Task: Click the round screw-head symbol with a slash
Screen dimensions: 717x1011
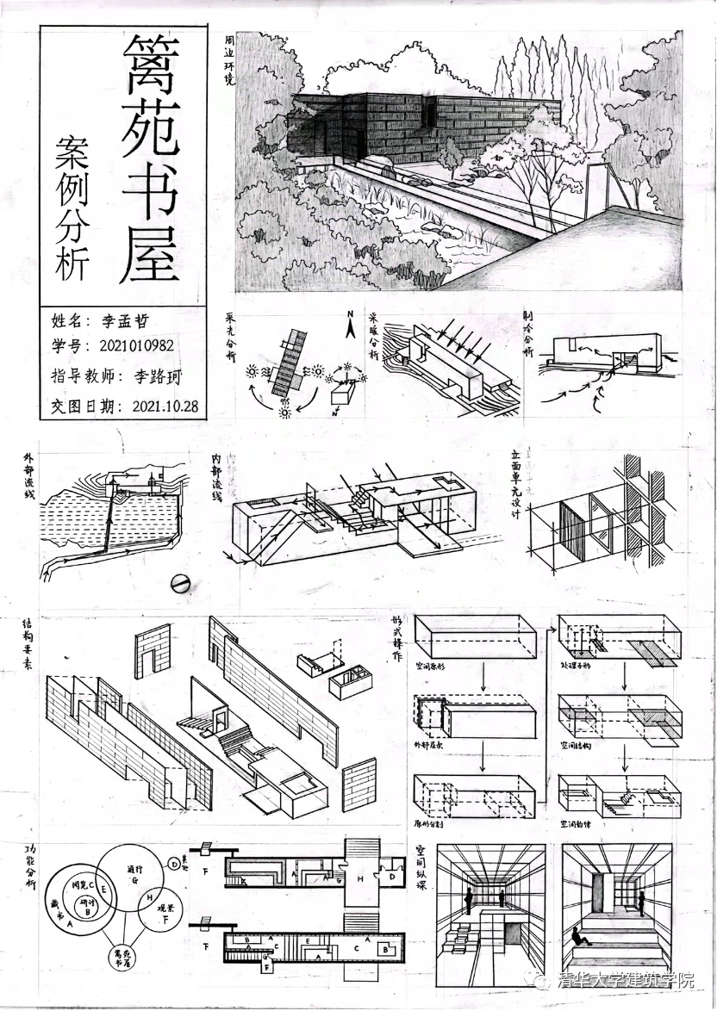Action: click(180, 583)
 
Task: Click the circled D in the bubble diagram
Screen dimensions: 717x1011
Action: click(174, 863)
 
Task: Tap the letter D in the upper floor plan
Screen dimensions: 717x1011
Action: click(392, 875)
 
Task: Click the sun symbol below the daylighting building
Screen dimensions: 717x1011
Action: click(285, 412)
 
